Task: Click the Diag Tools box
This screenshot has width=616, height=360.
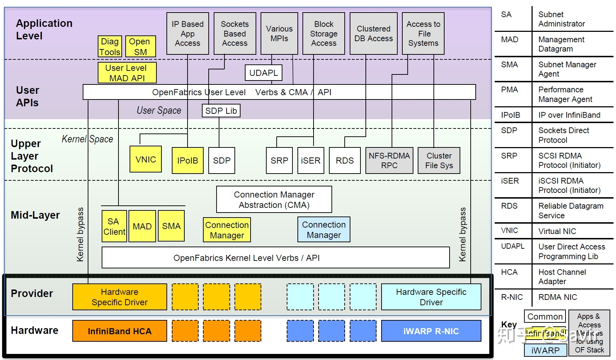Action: (110, 47)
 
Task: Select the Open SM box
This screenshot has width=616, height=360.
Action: (140, 47)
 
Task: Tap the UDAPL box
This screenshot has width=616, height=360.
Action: (263, 73)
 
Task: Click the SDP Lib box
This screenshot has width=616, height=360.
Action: (221, 111)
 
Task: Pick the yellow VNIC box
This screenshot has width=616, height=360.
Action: (146, 159)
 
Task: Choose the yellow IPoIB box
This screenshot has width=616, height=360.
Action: (188, 161)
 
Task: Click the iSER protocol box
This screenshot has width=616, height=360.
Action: (311, 161)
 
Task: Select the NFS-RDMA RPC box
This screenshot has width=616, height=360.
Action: (389, 161)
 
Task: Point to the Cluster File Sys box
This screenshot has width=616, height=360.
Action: (439, 161)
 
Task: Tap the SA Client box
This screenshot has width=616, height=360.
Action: (114, 227)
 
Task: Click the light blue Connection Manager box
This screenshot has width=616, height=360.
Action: (324, 230)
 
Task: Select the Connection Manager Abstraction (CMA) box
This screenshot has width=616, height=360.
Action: (274, 200)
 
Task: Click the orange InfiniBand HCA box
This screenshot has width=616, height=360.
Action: (120, 331)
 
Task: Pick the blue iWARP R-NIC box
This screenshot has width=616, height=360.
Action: (431, 331)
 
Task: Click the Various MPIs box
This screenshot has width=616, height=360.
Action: (279, 34)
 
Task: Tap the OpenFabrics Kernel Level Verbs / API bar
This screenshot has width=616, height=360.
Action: (276, 258)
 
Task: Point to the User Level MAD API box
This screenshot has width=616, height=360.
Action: (127, 73)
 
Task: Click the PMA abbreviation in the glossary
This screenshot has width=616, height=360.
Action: (509, 90)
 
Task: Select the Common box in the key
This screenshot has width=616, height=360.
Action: (545, 317)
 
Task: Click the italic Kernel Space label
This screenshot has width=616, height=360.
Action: (87, 139)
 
